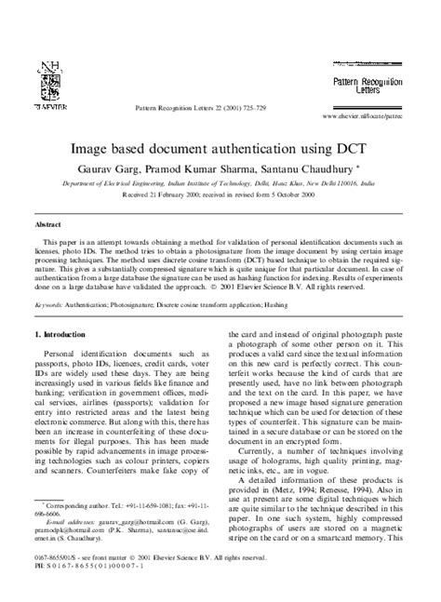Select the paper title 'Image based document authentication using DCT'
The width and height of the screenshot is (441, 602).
click(x=220, y=148)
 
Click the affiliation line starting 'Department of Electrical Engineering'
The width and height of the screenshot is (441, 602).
click(x=220, y=184)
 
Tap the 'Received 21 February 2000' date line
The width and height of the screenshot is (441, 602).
click(x=220, y=197)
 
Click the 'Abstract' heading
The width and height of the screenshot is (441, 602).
click(x=48, y=225)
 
